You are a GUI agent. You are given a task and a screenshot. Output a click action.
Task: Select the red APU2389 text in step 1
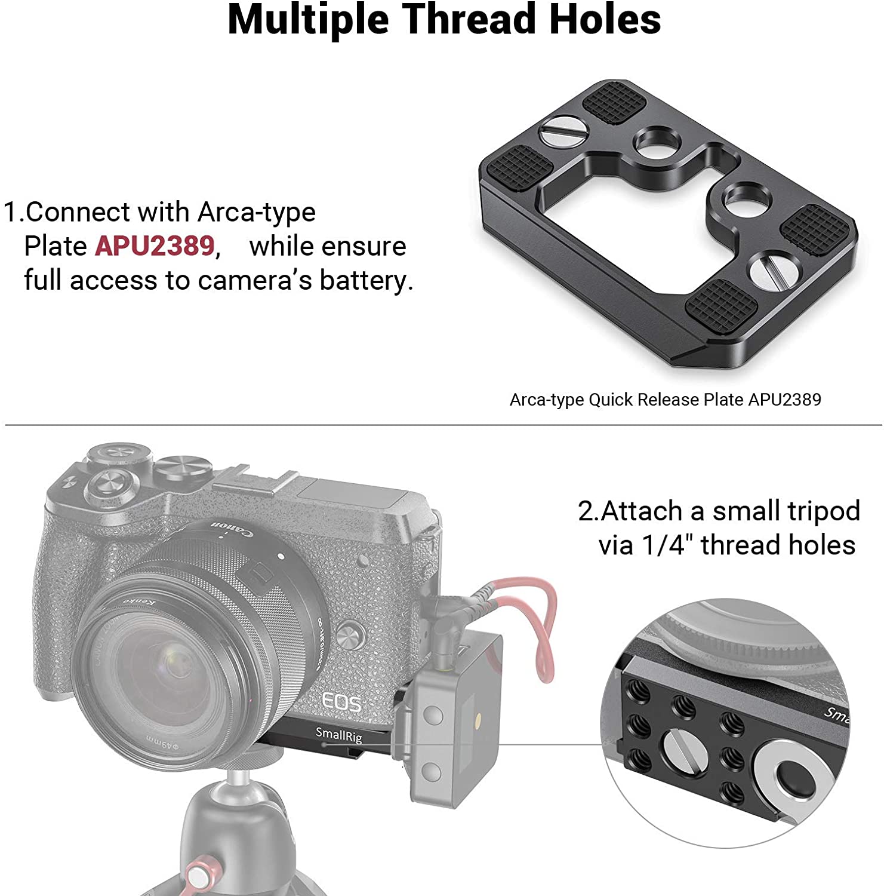click(154, 246)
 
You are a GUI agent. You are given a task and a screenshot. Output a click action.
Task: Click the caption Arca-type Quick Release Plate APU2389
click(665, 399)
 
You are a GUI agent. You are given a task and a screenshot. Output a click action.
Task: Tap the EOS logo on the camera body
click(341, 702)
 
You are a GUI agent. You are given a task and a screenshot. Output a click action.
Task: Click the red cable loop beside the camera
click(540, 627)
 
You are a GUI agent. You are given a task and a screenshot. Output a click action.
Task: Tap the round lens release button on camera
click(350, 633)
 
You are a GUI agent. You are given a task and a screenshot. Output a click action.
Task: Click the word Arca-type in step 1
click(257, 211)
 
